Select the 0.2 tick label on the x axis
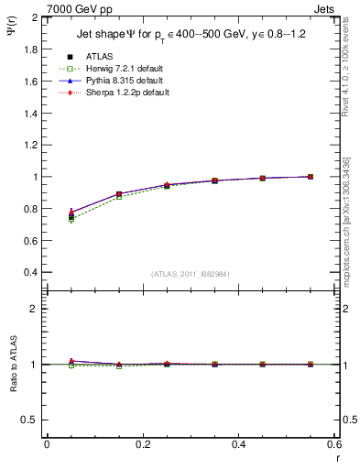143,443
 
